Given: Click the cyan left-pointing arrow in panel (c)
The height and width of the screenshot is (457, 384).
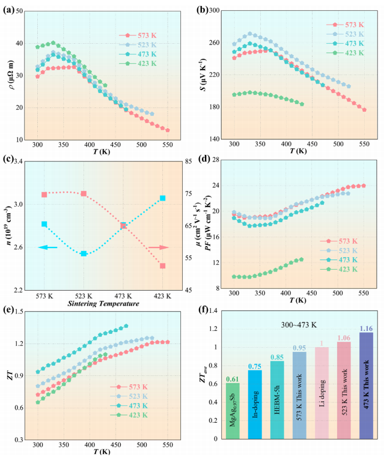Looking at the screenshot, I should click(48, 247).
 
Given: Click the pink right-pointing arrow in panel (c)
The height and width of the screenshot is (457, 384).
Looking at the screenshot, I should click(159, 247).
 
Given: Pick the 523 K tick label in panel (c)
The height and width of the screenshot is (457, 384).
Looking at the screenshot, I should click(84, 295).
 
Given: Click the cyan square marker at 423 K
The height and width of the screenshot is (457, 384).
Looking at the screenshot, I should click(163, 198).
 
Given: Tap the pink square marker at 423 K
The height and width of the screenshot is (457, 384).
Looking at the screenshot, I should click(163, 265).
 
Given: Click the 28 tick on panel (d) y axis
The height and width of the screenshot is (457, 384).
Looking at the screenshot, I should click(212, 161).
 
